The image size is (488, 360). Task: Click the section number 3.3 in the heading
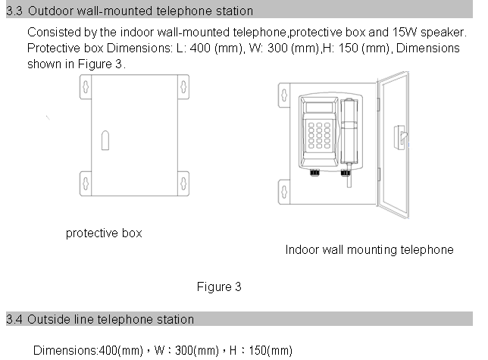(14, 11)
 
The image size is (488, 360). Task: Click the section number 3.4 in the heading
(14, 319)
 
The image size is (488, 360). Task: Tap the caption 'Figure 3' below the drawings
(219, 286)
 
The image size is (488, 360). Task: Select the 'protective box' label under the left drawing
(104, 233)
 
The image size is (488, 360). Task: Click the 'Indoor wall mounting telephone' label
(370, 249)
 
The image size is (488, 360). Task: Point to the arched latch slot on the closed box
(105, 141)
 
